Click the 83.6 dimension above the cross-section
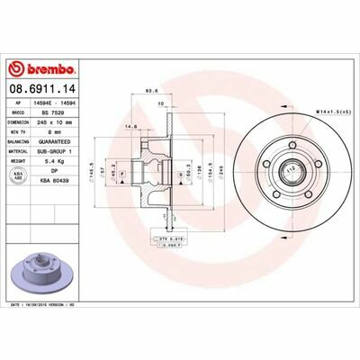pyautogui.click(x=151, y=91)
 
